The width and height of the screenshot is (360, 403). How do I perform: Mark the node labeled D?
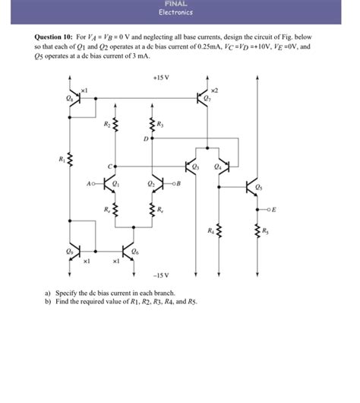pos(145,139)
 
